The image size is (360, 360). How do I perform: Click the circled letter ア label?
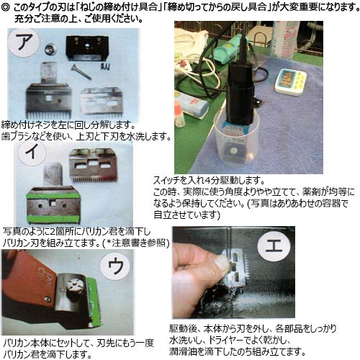(x=23, y=42)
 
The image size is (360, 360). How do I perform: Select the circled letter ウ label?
(x=115, y=266)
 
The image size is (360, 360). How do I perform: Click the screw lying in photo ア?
(x=81, y=71)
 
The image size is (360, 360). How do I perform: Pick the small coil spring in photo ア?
(x=105, y=66)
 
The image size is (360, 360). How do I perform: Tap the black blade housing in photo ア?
(x=87, y=48)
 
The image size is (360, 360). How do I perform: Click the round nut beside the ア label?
(x=51, y=49)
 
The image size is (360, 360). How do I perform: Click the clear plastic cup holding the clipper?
(x=237, y=139)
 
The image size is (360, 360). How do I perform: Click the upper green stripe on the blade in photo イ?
(x=53, y=194)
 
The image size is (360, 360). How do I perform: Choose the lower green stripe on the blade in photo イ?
(x=53, y=219)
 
